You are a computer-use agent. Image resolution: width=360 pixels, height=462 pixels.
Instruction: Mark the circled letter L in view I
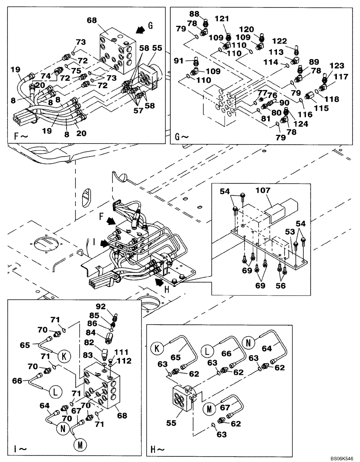pos(55,391)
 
